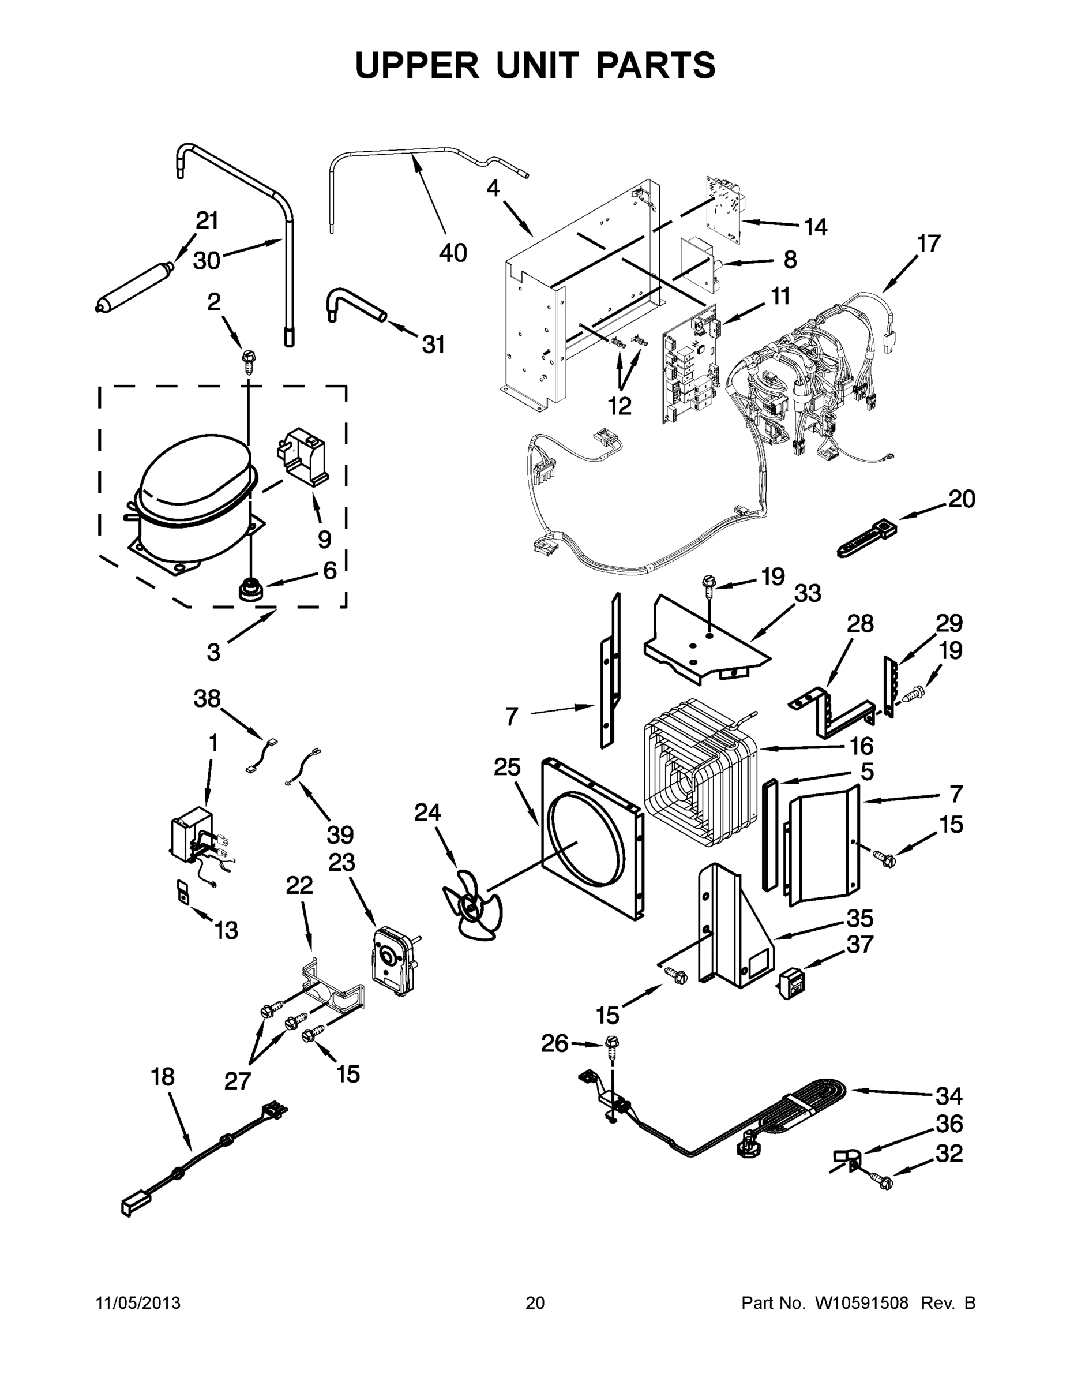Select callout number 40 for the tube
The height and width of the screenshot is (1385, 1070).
pos(453,253)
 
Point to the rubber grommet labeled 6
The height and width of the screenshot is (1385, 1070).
pos(250,591)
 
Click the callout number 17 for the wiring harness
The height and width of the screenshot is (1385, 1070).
pos(929,244)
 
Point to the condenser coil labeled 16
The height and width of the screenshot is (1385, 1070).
pos(700,770)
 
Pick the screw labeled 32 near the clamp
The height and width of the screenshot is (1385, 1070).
pos(884,1181)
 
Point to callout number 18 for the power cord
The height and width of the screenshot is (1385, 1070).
pos(163,1077)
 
